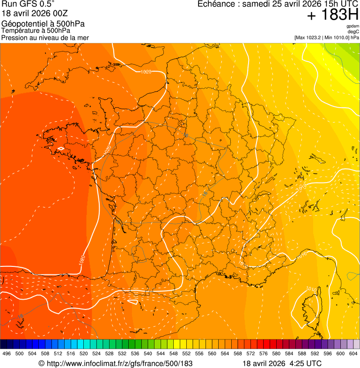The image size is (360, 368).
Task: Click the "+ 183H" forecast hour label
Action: (x=332, y=15)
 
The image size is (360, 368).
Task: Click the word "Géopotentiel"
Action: (x=22, y=24)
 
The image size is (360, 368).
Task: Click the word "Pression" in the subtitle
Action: (x=15, y=37)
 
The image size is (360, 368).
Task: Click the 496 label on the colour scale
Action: (x=7, y=353)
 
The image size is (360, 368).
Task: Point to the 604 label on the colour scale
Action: (x=353, y=353)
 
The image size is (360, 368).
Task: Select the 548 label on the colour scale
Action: (x=174, y=353)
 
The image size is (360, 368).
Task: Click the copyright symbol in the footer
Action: (x=41, y=363)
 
